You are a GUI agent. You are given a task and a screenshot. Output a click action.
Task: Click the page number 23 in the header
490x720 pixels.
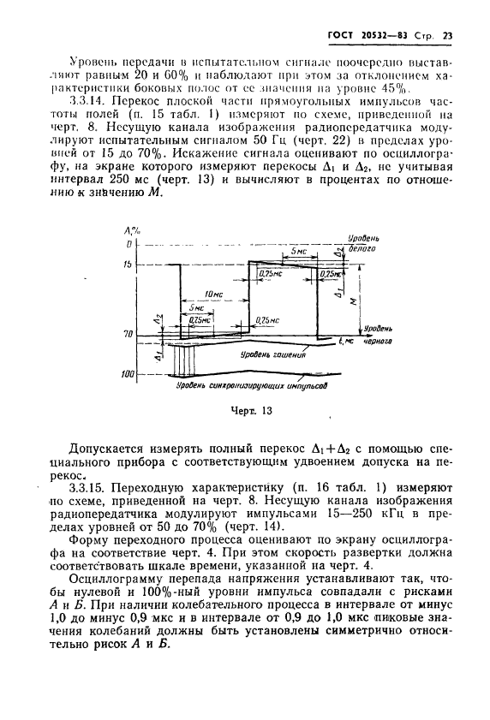[449, 35]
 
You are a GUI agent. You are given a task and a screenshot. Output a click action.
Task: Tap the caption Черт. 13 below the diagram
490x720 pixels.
[250, 410]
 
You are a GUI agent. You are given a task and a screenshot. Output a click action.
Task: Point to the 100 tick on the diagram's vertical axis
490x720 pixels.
[128, 374]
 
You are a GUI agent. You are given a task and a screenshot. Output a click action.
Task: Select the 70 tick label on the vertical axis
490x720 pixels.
[129, 333]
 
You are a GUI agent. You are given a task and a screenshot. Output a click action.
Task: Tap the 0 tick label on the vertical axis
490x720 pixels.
[132, 245]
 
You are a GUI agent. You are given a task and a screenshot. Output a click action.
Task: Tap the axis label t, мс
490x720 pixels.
[346, 340]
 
